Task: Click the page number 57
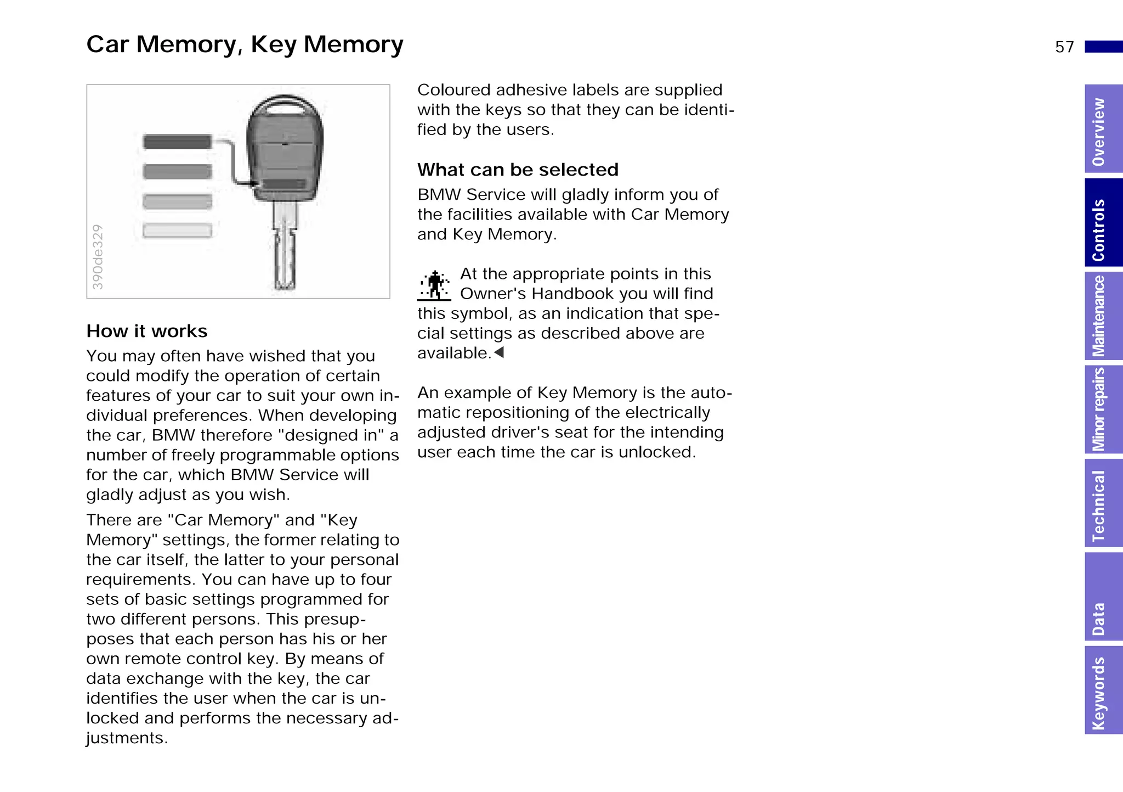(1064, 47)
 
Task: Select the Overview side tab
(1103, 130)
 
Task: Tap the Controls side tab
(1103, 223)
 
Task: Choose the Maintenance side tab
(1103, 316)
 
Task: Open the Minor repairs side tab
(1103, 409)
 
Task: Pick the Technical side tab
(1103, 503)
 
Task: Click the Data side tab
(1103, 597)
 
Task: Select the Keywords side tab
(1103, 690)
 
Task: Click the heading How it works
(147, 331)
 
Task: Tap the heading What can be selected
(518, 170)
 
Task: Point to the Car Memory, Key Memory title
(245, 44)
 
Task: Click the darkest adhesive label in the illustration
(177, 142)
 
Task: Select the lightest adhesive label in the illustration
(177, 231)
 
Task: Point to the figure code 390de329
(98, 257)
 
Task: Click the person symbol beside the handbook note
(434, 285)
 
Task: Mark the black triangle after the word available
(498, 352)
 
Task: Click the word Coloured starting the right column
(453, 90)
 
